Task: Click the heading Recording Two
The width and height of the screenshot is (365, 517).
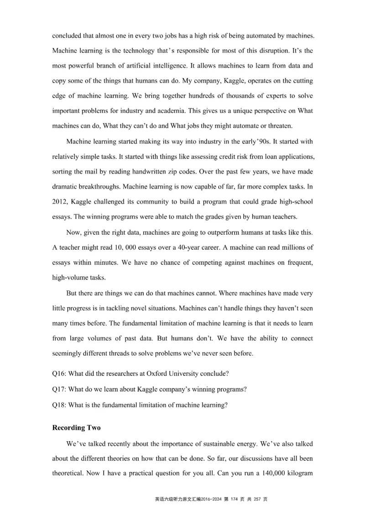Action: (x=76, y=428)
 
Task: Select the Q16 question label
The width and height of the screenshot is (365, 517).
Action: (x=59, y=373)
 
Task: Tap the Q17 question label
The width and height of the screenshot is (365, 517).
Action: (x=59, y=389)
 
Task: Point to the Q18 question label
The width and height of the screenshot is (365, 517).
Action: (x=59, y=405)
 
